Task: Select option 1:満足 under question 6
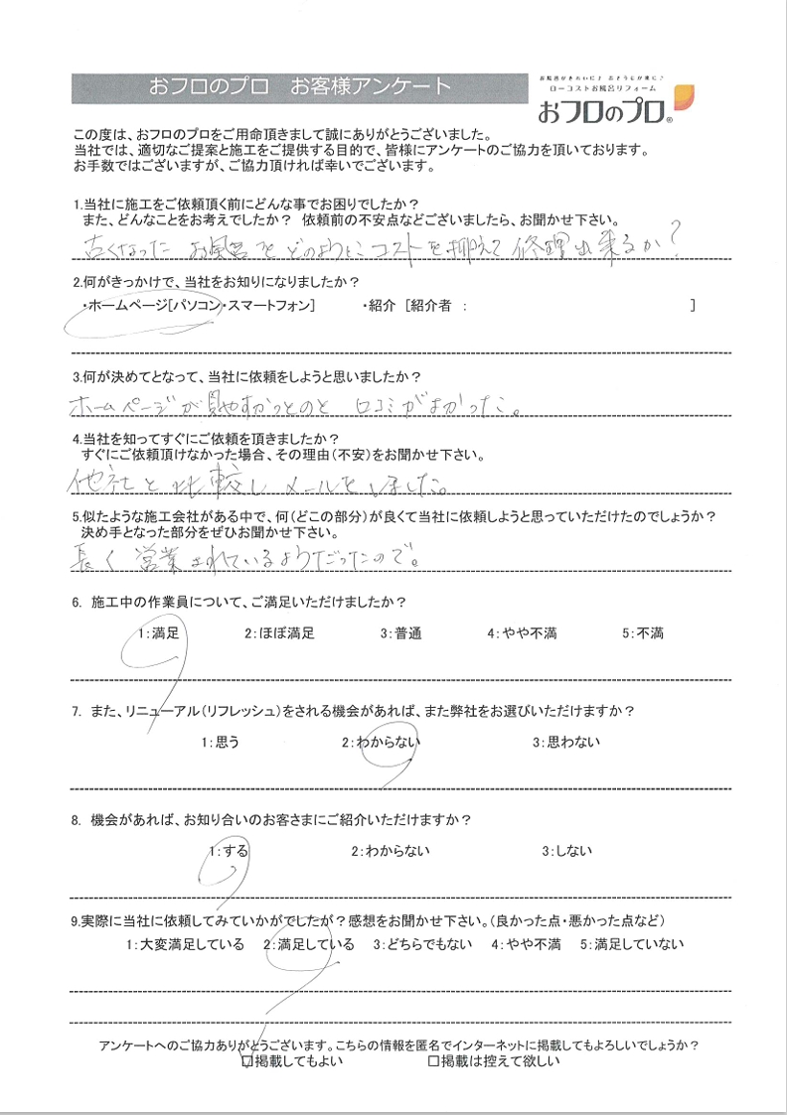pos(159,632)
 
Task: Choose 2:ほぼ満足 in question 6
pos(281,632)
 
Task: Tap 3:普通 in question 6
pos(402,632)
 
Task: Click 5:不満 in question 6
pos(643,632)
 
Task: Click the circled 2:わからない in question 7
pos(383,741)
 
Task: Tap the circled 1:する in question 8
pos(229,850)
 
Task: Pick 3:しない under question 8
pos(566,850)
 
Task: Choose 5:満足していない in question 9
pos(632,944)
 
